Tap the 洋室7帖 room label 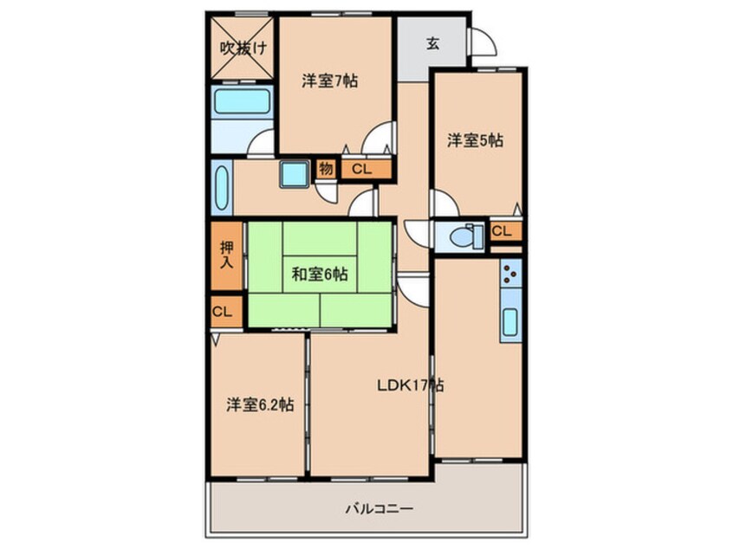(x=329, y=81)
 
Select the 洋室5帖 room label (x=475, y=140)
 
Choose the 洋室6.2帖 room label (x=259, y=404)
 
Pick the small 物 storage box (x=326, y=169)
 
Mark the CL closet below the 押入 (x=223, y=312)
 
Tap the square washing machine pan (x=294, y=175)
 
